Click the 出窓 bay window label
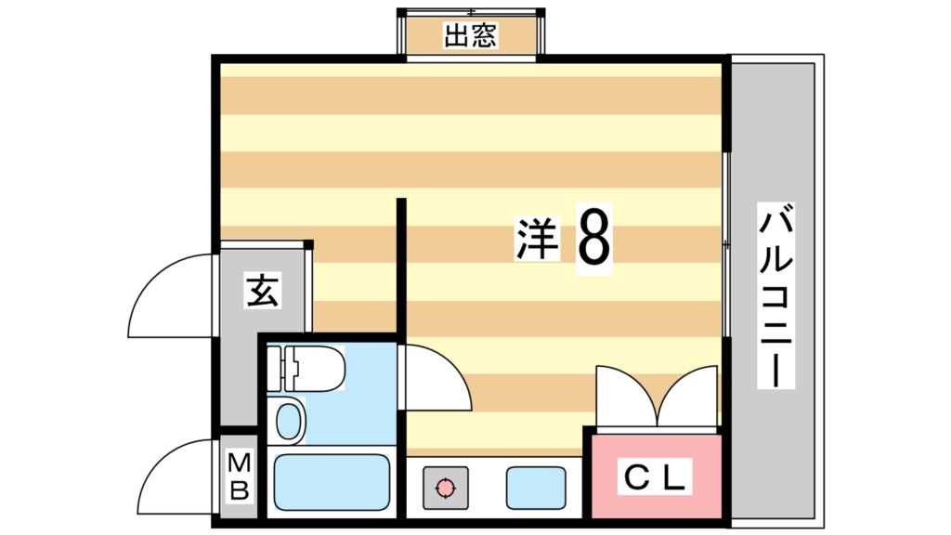pos(471,35)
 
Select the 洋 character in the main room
pos(537,239)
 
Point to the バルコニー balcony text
pos(775,298)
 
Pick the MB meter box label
pos(239,476)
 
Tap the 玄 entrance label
pos(263,291)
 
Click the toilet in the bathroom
pos(306,369)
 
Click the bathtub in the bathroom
pos(332,483)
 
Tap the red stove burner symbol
pos(446,487)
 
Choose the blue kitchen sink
pos(536,488)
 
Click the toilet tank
pos(275,369)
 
